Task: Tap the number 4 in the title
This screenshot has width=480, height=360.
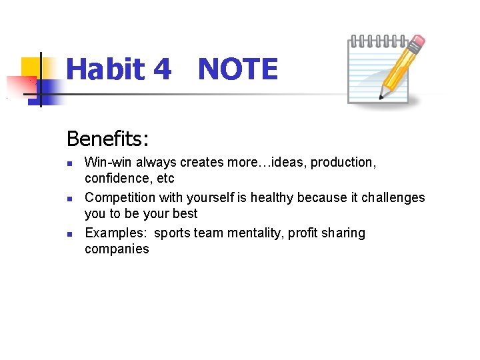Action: tap(162, 69)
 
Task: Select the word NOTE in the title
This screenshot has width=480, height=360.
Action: tap(237, 69)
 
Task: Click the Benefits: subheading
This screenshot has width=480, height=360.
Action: tap(108, 139)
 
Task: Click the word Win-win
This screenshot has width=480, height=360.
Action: tap(109, 162)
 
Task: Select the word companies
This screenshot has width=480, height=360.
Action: tap(117, 249)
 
